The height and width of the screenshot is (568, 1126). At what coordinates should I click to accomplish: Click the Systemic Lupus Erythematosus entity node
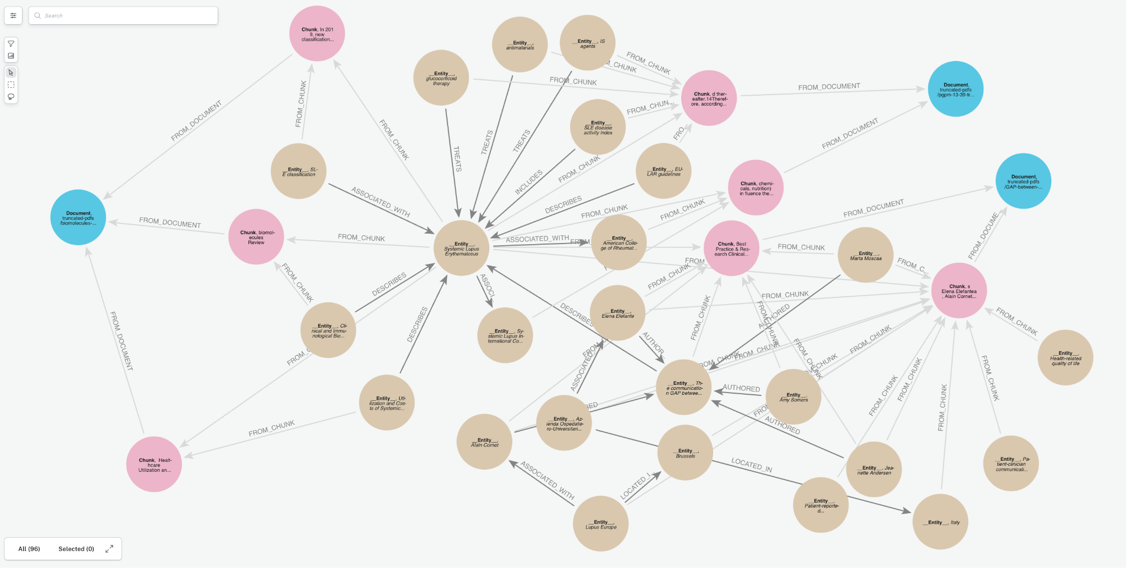coord(461,248)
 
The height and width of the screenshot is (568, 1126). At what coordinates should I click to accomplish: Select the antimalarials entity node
coord(520,45)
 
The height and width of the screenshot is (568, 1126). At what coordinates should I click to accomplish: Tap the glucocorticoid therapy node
coord(441,78)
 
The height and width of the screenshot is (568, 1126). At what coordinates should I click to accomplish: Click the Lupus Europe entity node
coord(600,523)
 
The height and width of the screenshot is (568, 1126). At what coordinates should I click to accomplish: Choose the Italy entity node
coord(940,522)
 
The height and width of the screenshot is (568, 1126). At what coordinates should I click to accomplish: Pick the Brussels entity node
coord(685,453)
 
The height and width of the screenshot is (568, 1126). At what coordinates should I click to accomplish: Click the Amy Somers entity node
coord(793,396)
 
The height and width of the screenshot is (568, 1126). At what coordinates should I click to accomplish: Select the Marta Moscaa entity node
coord(865,255)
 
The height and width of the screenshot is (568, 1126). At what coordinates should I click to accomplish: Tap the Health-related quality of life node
coord(1065,357)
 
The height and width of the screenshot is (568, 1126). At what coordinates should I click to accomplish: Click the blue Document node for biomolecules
coord(78,217)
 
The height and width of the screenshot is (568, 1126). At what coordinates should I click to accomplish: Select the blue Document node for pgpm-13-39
coord(955,89)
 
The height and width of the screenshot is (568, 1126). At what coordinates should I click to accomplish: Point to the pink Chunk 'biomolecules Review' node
coord(256,237)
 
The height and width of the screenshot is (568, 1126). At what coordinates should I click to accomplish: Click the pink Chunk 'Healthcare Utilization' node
coord(154,464)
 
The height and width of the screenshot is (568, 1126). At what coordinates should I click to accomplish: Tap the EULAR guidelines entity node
coord(664,171)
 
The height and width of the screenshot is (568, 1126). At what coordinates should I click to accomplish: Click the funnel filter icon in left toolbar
coord(11,44)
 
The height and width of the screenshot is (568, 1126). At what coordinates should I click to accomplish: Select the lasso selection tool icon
coord(11,97)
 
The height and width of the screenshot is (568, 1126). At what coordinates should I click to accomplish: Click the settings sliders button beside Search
coord(13,15)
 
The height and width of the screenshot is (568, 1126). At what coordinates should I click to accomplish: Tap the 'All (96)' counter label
coord(29,549)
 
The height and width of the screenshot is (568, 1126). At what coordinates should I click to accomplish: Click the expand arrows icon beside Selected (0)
coord(109,549)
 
